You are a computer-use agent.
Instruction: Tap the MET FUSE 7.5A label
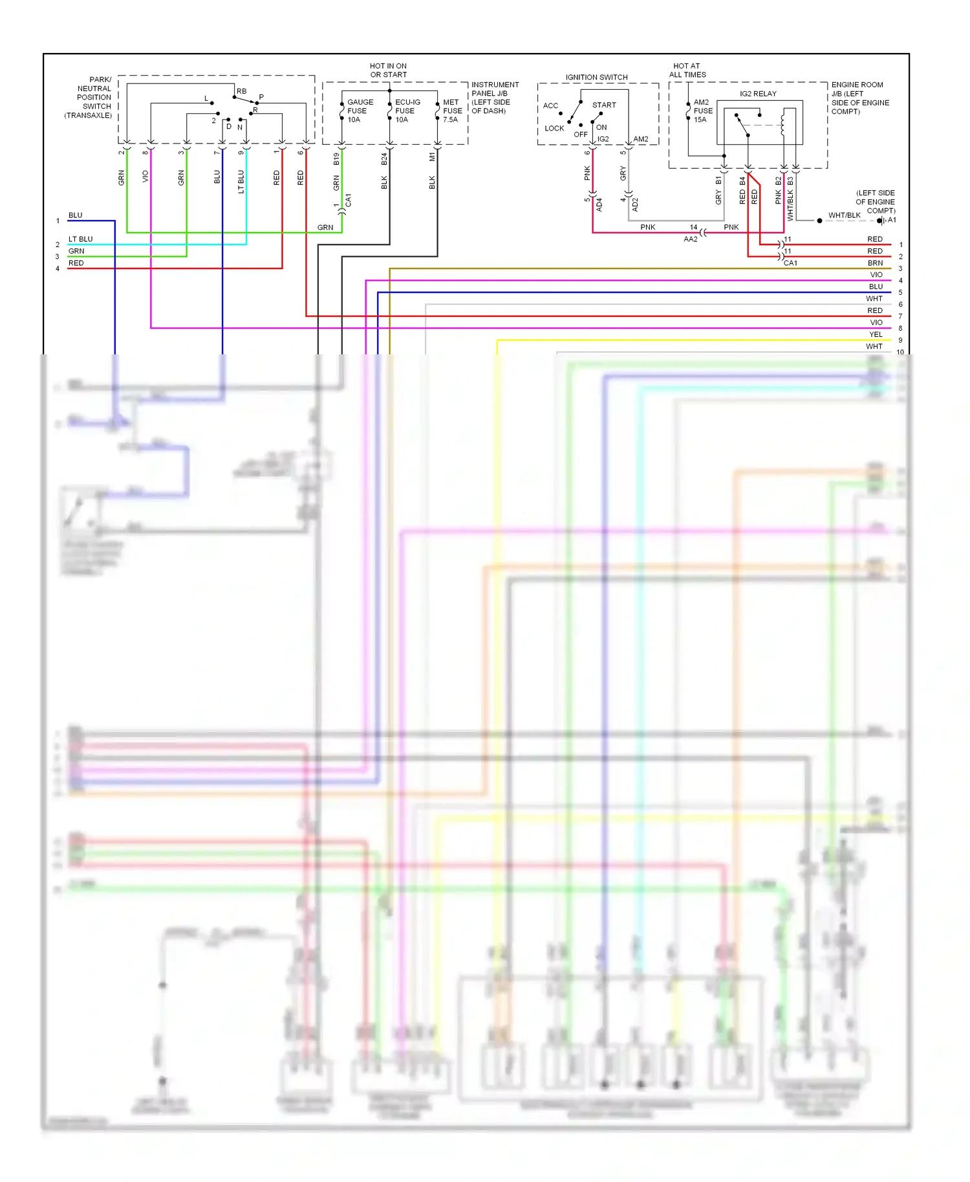tap(452, 111)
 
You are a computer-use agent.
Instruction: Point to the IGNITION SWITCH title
tap(596, 77)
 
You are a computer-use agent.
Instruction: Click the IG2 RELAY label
tap(758, 94)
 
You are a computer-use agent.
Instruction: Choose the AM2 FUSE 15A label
tap(702, 111)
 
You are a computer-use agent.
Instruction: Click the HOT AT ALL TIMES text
tap(687, 70)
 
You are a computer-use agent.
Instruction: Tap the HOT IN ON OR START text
tap(388, 70)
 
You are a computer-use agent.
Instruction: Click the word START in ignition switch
tap(604, 105)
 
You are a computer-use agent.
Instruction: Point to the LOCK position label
tap(554, 128)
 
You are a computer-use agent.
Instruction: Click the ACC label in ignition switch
tap(550, 105)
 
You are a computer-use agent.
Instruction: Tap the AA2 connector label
tap(690, 239)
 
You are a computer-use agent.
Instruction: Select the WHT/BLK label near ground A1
tap(844, 215)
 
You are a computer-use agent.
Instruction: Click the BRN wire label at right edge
tap(875, 263)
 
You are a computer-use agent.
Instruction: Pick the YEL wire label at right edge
tap(876, 334)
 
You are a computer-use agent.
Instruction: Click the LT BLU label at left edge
tap(80, 239)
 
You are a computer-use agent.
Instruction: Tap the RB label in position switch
tap(241, 91)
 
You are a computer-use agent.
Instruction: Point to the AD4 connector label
tap(599, 204)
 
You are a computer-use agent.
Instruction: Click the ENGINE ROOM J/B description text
tap(859, 98)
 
